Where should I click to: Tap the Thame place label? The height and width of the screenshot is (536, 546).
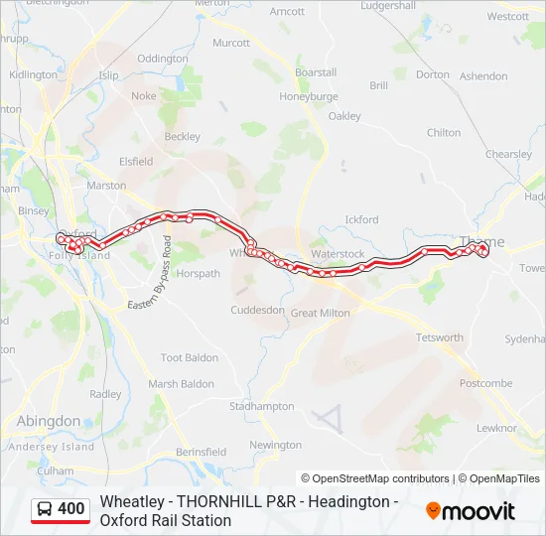(482, 241)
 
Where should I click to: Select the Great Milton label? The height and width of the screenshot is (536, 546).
(320, 313)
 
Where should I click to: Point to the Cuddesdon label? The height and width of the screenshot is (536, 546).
(258, 310)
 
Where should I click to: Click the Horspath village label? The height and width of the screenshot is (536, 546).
(198, 273)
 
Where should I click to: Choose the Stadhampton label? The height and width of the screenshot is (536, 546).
(262, 406)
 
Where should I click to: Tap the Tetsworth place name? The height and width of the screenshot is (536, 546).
(439, 337)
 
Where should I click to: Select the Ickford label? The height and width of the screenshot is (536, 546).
(361, 219)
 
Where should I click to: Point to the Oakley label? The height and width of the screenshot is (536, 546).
(344, 116)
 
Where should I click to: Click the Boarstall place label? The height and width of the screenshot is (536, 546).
(316, 72)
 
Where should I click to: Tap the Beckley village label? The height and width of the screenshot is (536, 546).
(182, 137)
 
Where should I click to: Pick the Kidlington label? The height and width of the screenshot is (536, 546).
(33, 74)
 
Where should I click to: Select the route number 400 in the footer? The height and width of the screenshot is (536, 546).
(71, 509)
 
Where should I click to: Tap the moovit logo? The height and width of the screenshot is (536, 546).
(471, 511)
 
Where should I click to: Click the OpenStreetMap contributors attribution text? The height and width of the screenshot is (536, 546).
(375, 478)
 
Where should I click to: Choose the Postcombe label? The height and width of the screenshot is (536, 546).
(486, 383)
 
